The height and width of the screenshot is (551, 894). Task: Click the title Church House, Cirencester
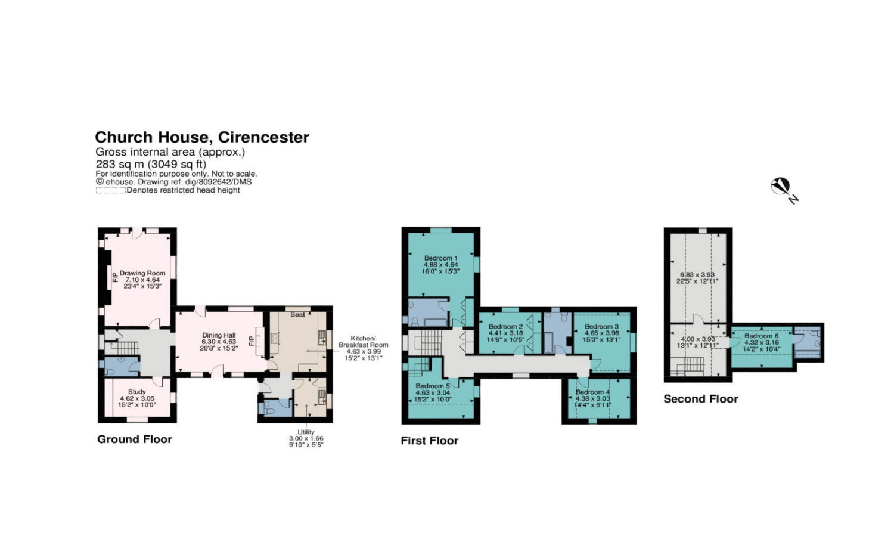(x=202, y=137)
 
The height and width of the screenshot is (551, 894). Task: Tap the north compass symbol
(x=781, y=187)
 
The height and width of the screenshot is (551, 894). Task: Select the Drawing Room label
(x=142, y=273)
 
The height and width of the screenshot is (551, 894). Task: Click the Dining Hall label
(x=219, y=335)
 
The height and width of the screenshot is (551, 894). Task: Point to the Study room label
(x=136, y=392)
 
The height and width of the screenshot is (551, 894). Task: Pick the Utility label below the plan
(x=306, y=432)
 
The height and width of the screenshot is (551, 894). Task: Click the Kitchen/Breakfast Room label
(x=363, y=342)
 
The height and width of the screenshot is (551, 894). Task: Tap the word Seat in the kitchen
(x=297, y=315)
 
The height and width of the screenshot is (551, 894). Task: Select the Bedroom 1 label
(x=440, y=258)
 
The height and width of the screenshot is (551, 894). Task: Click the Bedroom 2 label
(x=505, y=327)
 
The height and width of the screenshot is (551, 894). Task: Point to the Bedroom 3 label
(x=601, y=327)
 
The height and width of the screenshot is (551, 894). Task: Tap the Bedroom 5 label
(x=433, y=386)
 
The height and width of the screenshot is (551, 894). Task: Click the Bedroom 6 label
(x=761, y=336)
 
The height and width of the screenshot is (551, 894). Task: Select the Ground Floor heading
(x=135, y=439)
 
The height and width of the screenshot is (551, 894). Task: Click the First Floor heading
(x=429, y=441)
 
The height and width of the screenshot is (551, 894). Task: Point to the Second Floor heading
(x=700, y=399)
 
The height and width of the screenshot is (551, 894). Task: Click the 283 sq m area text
(x=151, y=164)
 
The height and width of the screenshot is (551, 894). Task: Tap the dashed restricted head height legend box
(x=110, y=190)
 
